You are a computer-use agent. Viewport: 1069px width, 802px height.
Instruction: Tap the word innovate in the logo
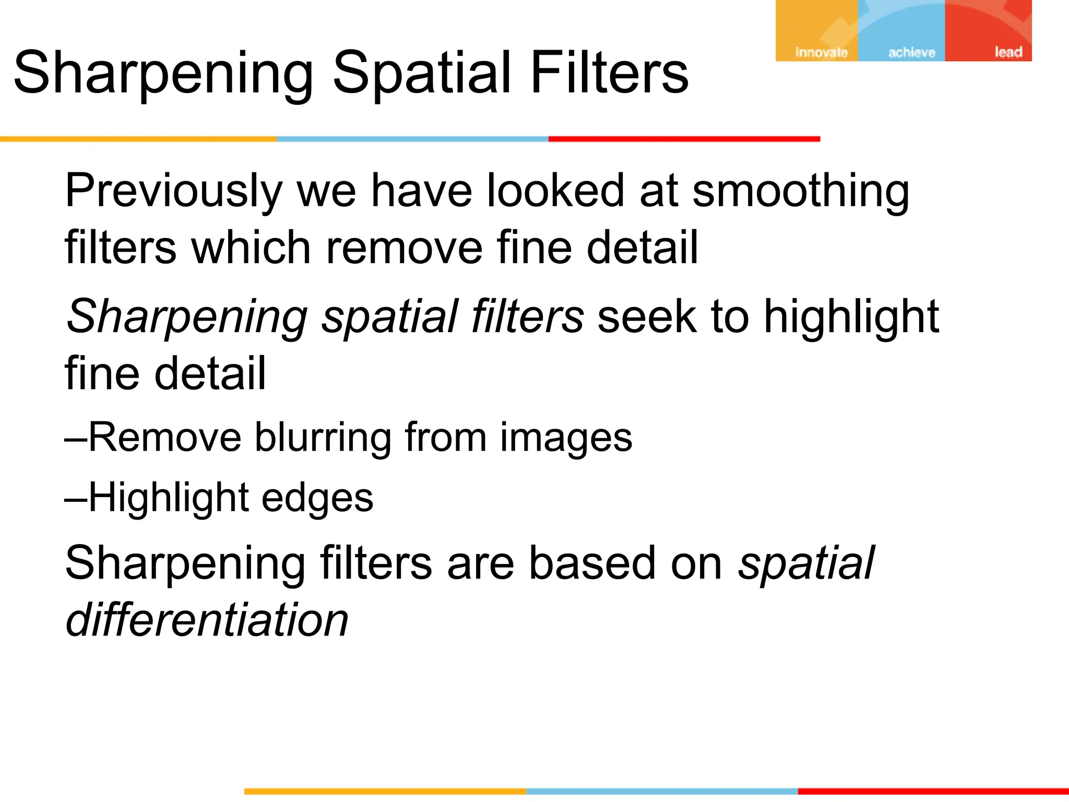tap(821, 52)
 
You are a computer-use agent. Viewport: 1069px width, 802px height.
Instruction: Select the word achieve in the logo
tap(911, 52)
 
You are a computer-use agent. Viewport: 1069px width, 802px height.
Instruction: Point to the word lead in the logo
tap(1008, 52)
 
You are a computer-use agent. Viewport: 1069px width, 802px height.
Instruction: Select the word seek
tap(647, 316)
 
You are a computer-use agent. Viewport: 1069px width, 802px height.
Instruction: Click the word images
tap(566, 438)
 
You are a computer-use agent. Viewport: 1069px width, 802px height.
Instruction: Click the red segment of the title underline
tap(684, 139)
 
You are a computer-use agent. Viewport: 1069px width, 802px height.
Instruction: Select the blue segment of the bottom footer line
tap(662, 792)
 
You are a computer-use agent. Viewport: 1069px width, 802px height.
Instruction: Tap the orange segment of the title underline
tap(138, 139)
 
